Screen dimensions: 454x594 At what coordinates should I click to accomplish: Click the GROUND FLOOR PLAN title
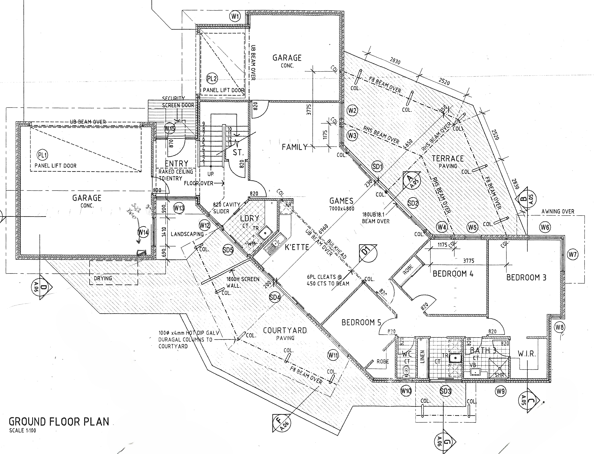(59, 422)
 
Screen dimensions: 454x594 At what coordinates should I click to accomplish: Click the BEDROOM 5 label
(361, 322)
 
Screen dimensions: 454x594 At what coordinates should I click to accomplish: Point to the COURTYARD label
(285, 331)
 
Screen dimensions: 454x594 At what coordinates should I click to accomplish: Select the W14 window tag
(143, 232)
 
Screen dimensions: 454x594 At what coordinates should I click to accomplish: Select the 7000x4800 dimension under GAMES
(342, 209)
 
